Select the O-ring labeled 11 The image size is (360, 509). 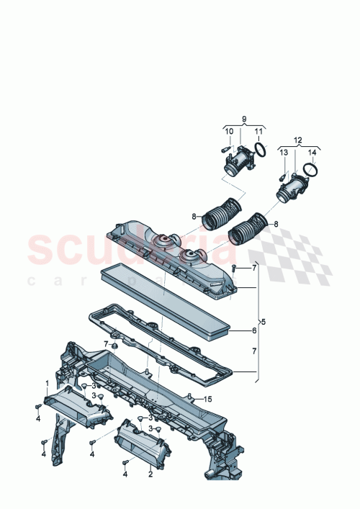click(263, 152)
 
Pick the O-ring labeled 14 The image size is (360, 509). click(311, 170)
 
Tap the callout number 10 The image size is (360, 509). click(229, 131)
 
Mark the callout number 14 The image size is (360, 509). click(312, 153)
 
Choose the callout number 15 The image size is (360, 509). click(208, 400)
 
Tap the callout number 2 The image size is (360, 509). click(150, 474)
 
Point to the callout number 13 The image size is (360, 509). click(284, 153)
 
